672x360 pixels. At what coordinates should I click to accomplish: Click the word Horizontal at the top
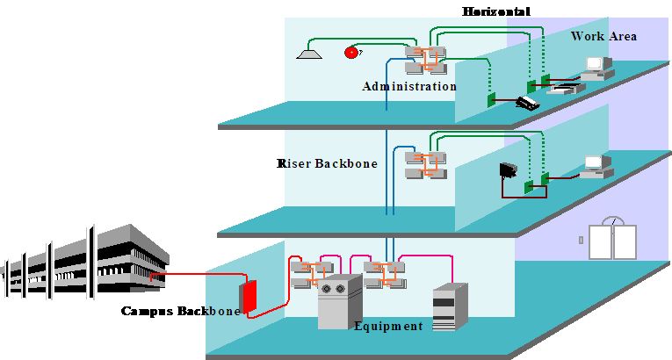tap(496, 11)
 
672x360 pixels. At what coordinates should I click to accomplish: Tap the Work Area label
tap(603, 36)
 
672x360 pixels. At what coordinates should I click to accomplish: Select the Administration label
tap(409, 87)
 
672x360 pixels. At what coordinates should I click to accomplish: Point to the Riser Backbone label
tap(315, 163)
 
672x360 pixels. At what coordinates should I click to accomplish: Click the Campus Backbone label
tap(180, 311)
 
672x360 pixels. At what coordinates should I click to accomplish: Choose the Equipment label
tap(388, 327)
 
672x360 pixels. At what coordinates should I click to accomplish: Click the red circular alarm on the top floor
tap(351, 53)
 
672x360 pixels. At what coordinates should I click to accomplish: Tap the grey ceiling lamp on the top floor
tap(308, 54)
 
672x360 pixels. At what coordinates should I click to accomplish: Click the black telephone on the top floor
tap(529, 103)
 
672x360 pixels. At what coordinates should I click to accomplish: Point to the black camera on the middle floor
tap(509, 170)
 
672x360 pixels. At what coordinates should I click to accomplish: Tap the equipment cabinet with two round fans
tap(338, 301)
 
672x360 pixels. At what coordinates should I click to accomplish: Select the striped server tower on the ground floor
tap(444, 307)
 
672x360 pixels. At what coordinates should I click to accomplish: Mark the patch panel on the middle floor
tap(425, 165)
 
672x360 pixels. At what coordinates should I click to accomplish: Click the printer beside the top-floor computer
tap(562, 86)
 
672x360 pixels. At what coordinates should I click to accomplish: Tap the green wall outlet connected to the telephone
tap(492, 98)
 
